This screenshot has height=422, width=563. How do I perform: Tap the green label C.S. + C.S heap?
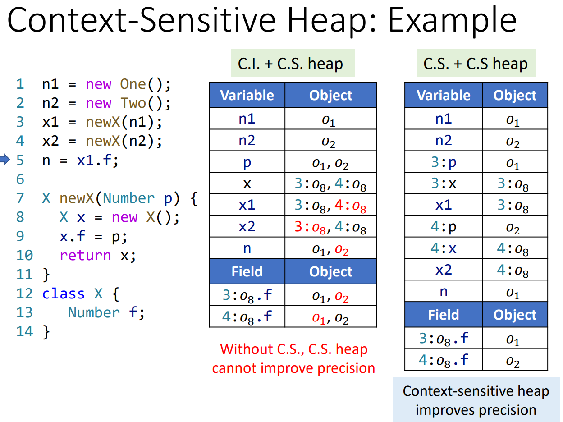(x=476, y=64)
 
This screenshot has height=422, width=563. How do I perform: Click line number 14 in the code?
(x=25, y=331)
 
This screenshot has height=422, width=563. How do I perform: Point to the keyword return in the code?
(x=85, y=255)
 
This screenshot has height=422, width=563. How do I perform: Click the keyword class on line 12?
(x=63, y=294)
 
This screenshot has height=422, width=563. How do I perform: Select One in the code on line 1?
(x=133, y=84)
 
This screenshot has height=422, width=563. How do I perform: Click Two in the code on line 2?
(x=133, y=103)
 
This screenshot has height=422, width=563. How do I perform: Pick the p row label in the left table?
(x=247, y=162)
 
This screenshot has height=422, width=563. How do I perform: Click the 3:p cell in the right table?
(x=443, y=162)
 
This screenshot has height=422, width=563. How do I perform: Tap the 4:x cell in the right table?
(x=443, y=248)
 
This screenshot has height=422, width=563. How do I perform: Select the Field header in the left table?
(x=247, y=271)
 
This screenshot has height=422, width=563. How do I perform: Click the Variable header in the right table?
(x=443, y=95)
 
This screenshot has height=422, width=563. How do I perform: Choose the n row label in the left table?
(x=247, y=248)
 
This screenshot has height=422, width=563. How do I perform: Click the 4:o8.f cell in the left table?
(x=247, y=316)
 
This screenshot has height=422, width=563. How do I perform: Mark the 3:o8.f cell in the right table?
(x=443, y=338)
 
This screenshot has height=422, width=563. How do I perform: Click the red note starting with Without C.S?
(x=293, y=358)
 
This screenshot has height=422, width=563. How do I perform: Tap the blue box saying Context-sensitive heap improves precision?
(x=476, y=400)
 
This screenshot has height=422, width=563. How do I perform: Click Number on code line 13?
(x=94, y=312)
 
